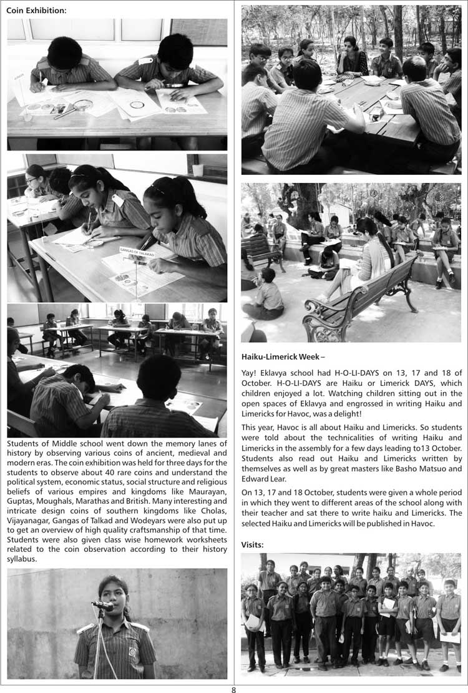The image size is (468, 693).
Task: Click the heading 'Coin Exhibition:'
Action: click(x=36, y=11)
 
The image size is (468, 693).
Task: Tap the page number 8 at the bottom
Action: click(x=233, y=689)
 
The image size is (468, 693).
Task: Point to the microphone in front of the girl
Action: click(x=102, y=605)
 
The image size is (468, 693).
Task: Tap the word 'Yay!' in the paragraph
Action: click(x=250, y=373)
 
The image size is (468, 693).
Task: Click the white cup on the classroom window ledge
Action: click(x=198, y=169)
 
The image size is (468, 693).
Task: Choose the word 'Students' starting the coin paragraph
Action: click(x=24, y=444)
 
